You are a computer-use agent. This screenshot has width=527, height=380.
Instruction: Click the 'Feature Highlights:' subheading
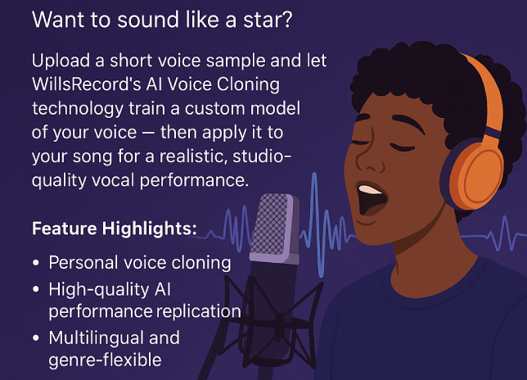point(114,228)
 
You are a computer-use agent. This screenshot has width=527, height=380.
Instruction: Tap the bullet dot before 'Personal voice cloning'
point(37,264)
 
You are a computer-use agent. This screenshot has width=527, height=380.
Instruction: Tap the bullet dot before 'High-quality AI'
point(37,289)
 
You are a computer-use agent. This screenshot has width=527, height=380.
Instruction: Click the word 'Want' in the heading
point(54,21)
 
